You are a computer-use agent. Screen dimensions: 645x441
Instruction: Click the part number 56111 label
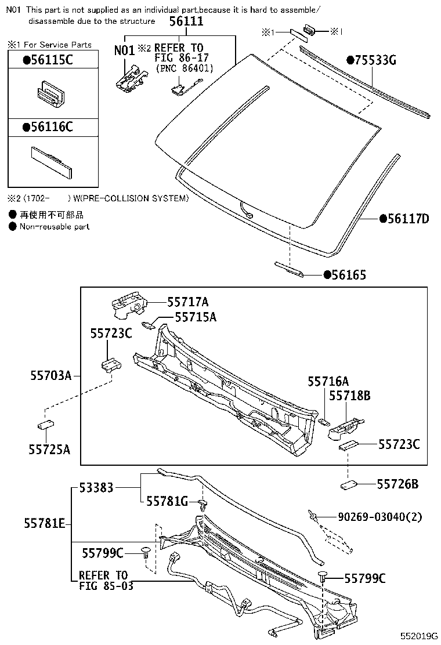[x=186, y=21]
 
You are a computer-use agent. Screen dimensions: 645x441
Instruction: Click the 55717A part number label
[x=187, y=302]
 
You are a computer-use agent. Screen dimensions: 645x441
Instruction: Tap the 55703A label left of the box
[x=50, y=376]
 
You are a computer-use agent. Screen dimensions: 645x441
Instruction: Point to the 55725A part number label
[x=49, y=448]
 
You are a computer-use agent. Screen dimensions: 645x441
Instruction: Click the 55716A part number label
[x=328, y=381]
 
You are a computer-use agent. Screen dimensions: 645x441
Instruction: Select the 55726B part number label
[x=397, y=483]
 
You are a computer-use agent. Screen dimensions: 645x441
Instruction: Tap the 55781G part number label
[x=167, y=501]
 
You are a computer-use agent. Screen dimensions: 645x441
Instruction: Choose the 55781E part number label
[x=45, y=523]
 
